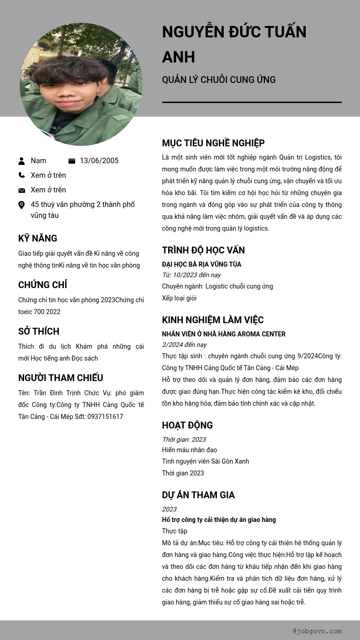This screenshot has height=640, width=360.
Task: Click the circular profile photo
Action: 81,84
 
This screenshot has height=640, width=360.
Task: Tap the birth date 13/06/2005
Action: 99,161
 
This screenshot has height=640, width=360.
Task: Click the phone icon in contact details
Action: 21,175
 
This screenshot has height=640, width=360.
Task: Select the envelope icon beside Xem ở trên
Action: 21,190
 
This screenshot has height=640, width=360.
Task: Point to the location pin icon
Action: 21,205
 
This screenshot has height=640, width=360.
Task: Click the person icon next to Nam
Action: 21,161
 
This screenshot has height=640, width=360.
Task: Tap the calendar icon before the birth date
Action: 72,161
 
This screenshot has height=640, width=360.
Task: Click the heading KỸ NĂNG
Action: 38,238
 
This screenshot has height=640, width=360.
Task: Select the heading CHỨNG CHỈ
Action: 42,285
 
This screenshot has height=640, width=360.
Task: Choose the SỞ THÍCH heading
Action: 39,331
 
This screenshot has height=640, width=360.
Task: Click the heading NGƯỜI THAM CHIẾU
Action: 61,378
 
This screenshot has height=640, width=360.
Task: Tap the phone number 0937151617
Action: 105,417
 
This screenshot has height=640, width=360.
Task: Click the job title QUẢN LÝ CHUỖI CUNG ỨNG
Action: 219,80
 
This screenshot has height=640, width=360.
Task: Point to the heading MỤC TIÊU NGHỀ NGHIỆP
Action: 213,143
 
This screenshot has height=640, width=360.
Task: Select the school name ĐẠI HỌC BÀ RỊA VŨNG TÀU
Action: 201,264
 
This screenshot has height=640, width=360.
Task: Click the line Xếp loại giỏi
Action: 179,298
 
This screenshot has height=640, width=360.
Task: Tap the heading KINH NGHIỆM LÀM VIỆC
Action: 213,320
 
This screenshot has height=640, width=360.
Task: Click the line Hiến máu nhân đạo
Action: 190,450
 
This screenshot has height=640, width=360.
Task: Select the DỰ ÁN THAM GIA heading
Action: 198,495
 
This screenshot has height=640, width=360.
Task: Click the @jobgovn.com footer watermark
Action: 317,631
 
